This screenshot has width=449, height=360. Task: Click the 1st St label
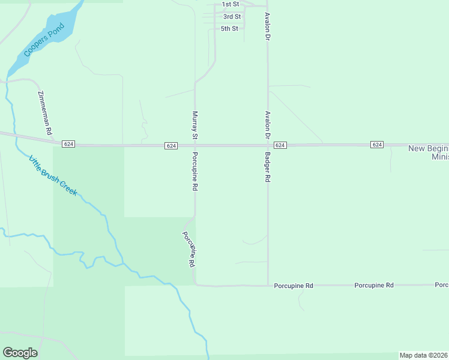[x=231, y=5]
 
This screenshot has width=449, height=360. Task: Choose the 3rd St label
[x=232, y=17]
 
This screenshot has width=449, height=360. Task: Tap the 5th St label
[x=229, y=29]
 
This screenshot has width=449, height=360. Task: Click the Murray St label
[x=194, y=125]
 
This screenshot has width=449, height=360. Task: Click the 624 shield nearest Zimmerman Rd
[x=68, y=145]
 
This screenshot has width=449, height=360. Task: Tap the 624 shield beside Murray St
[x=172, y=146]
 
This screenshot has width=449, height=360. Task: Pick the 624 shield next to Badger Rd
[x=280, y=146]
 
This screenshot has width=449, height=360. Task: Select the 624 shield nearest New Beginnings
[x=377, y=145]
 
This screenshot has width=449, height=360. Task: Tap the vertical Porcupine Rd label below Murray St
[x=195, y=171]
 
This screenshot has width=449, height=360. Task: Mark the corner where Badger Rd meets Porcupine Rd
[x=268, y=285]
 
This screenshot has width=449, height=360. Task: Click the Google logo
[x=20, y=353]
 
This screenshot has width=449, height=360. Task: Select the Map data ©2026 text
[x=424, y=355]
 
